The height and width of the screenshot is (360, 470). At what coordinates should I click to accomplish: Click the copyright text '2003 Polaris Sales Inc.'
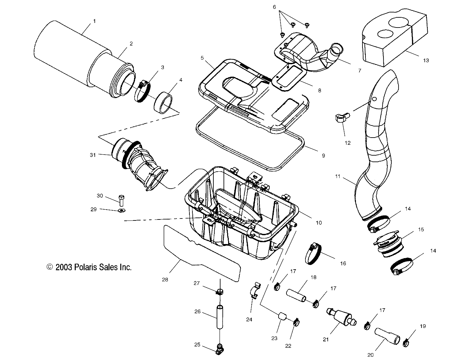point(89,267)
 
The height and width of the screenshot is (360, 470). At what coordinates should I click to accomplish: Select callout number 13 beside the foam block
point(426,61)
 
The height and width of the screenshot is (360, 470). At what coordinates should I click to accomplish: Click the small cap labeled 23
point(282,317)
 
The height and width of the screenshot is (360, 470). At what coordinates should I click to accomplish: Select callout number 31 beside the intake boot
point(93,155)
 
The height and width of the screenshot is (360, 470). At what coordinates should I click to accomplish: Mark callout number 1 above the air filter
point(94,21)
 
